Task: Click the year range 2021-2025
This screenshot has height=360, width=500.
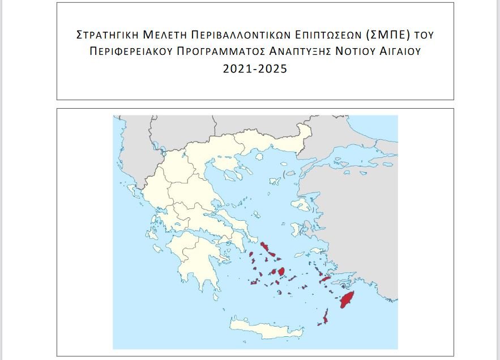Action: (x=255, y=69)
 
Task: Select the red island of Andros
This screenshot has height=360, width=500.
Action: (x=265, y=247)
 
